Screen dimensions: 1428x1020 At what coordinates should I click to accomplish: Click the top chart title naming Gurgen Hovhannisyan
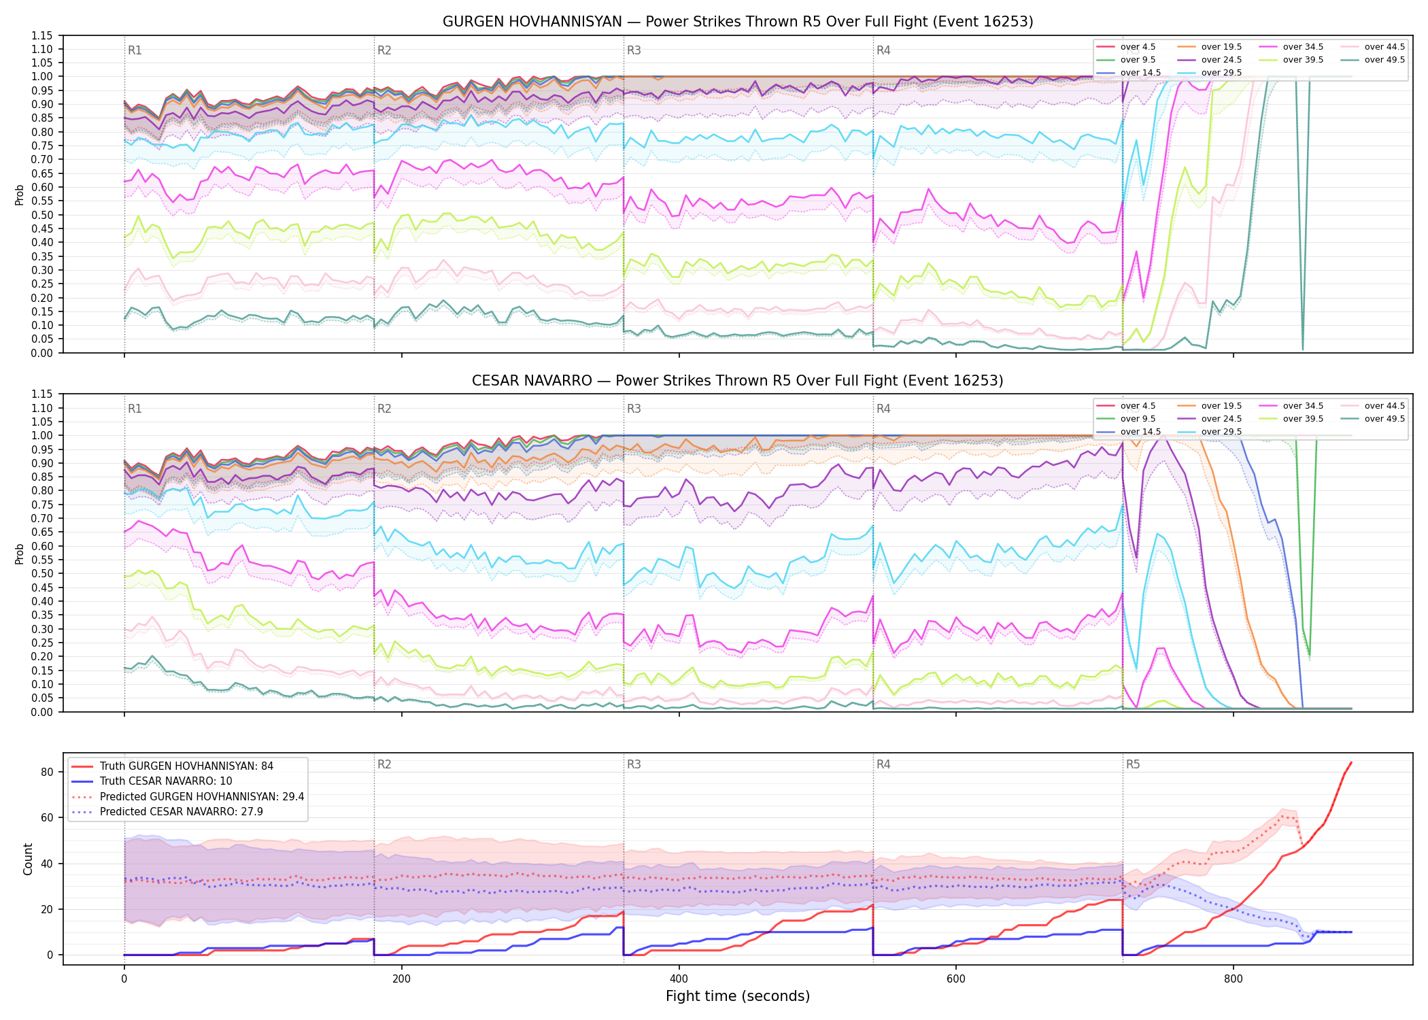coord(738,22)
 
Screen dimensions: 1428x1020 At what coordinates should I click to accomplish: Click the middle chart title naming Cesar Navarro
coord(738,381)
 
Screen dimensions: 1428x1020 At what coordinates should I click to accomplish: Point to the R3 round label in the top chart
coord(634,50)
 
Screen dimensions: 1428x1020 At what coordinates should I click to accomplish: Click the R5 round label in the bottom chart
coord(1133,764)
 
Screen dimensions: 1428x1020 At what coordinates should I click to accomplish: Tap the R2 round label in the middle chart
coord(384,409)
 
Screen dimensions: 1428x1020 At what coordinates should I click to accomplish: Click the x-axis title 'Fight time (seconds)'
coord(738,996)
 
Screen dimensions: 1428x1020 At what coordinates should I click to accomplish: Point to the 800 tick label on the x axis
coord(1233,979)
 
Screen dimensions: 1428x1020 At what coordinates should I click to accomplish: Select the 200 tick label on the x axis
coord(401,979)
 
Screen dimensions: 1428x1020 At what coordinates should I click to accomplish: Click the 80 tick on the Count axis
coord(47,772)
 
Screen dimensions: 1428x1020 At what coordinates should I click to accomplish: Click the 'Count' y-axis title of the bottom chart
coord(28,859)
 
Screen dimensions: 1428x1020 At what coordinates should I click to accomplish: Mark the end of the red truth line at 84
coord(1351,762)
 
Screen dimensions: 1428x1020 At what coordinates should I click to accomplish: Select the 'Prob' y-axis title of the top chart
coord(20,194)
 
